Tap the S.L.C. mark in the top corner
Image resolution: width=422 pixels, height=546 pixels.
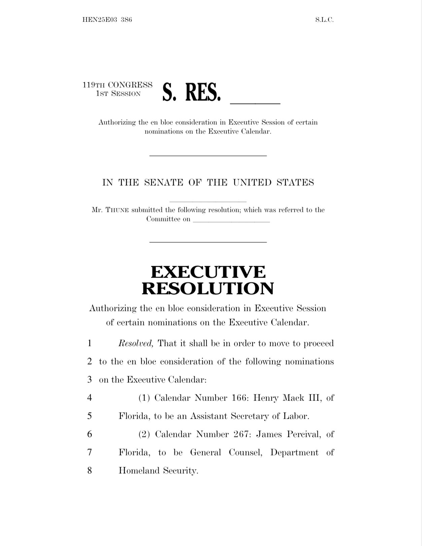pyautogui.click(x=324, y=20)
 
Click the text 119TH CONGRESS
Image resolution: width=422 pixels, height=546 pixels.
pyautogui.click(x=118, y=85)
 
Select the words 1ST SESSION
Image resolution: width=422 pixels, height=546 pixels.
pyautogui.click(x=118, y=94)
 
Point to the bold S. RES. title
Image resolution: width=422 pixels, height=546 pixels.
pyautogui.click(x=191, y=92)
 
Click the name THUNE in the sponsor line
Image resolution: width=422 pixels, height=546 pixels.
pyautogui.click(x=118, y=210)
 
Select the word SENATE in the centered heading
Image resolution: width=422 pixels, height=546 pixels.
pyautogui.click(x=163, y=183)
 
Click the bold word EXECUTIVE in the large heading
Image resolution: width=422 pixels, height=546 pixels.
pyautogui.click(x=208, y=272)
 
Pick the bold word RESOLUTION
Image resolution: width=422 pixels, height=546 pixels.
pyautogui.click(x=208, y=288)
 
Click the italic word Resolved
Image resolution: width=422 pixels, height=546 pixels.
pyautogui.click(x=136, y=343)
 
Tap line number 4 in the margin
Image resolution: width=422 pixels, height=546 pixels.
pyautogui.click(x=90, y=398)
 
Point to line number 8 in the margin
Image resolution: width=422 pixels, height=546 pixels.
pyautogui.click(x=90, y=470)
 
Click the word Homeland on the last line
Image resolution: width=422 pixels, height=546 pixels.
pyautogui.click(x=139, y=470)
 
